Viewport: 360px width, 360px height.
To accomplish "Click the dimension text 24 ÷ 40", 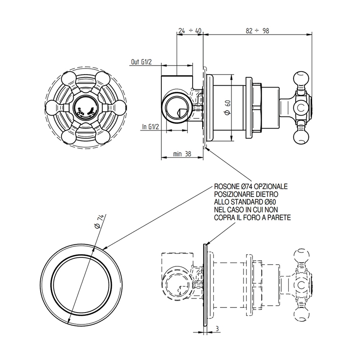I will click(189, 30).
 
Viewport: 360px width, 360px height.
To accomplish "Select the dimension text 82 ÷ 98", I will click(258, 30).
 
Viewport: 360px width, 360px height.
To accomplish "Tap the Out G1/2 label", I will click(141, 62).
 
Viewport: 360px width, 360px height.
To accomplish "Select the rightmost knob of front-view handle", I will click(112, 109).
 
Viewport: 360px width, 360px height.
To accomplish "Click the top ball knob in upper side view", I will click(301, 80).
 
